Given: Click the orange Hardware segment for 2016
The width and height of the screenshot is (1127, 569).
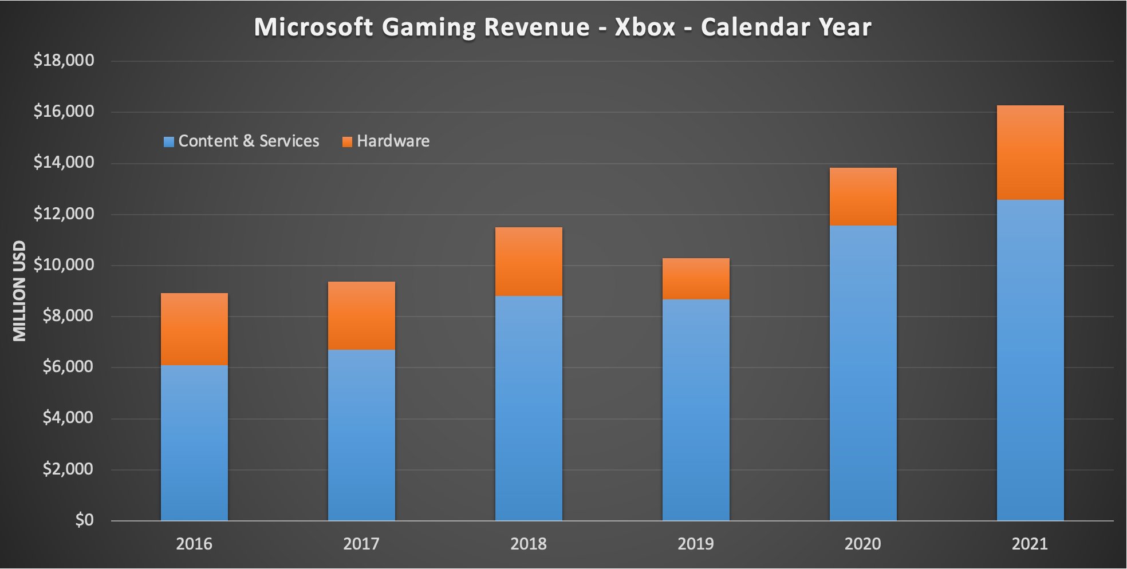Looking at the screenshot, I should [x=194, y=329].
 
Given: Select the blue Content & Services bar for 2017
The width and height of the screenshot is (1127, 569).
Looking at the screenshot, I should [x=361, y=435].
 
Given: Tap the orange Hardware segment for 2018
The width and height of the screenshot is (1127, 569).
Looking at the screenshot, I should [x=529, y=262].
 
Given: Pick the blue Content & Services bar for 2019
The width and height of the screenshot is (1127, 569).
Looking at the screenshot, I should [x=696, y=410].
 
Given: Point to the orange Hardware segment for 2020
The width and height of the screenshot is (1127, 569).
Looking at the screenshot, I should [x=863, y=196].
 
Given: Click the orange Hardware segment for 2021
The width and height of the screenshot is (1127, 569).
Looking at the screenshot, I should [x=1030, y=152].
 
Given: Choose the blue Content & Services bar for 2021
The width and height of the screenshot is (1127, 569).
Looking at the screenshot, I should [x=1030, y=360].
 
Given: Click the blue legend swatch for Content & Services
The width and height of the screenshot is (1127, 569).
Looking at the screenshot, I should [x=169, y=142].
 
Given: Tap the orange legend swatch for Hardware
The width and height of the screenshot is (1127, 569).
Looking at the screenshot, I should [x=347, y=142].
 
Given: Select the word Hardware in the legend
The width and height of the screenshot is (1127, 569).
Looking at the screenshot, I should [x=393, y=141].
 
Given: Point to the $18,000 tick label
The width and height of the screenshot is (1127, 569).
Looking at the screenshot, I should [x=64, y=60].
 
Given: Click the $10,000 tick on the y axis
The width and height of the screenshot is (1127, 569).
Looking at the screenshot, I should [x=64, y=264].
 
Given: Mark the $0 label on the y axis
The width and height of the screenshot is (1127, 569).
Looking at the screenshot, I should [x=84, y=520].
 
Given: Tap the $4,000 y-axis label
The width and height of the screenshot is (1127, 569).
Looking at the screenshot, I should [x=68, y=417].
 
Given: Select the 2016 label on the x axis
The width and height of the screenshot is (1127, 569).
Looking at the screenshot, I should [x=194, y=543].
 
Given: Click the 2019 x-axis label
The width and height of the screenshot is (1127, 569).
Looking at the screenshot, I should [x=696, y=543].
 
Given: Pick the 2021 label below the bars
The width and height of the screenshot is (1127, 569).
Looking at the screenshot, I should [x=1030, y=543].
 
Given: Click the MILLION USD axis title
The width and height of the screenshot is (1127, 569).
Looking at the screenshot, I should [x=19, y=291].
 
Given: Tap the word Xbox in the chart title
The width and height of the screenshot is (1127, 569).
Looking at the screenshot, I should [x=645, y=27].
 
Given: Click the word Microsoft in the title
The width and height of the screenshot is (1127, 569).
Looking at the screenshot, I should [x=313, y=27].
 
